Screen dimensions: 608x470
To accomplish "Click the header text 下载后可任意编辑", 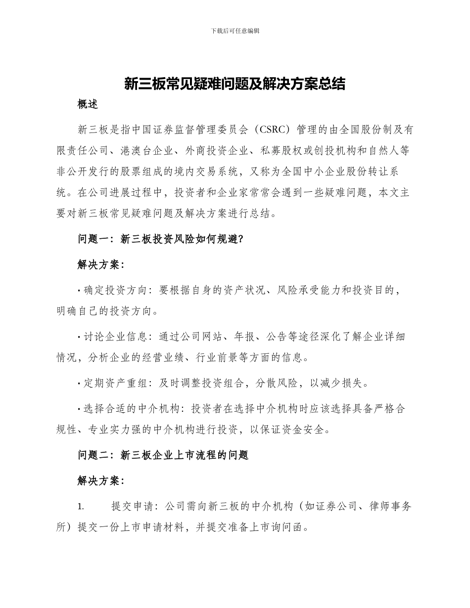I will (235, 31).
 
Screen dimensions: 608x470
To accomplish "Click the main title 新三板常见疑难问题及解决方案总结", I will (235, 84).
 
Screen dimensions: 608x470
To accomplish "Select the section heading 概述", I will (88, 104).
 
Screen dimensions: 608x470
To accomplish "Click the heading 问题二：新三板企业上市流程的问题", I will (163, 455).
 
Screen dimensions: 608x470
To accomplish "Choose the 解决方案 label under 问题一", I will (101, 265).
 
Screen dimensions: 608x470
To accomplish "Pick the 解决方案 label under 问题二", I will (101, 480).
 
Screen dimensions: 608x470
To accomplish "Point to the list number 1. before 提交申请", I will (81, 507).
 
